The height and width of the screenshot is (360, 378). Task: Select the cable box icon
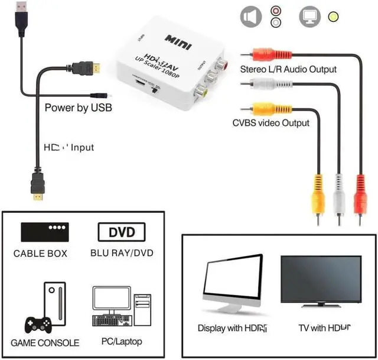(x=45, y=232)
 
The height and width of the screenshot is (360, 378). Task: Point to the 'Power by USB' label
(x=79, y=108)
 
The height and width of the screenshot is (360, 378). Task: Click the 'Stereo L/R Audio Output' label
(x=288, y=69)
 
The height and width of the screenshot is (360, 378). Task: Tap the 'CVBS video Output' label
(x=271, y=123)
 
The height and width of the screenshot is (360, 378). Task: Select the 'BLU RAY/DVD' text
(x=122, y=253)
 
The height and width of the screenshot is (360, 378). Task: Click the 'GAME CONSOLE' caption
(x=45, y=342)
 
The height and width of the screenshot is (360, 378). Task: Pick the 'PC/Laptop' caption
(x=122, y=341)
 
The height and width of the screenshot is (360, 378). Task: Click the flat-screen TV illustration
(x=320, y=281)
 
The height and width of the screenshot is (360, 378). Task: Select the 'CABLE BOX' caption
(x=41, y=254)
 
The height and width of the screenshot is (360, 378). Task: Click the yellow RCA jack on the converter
(x=203, y=91)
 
